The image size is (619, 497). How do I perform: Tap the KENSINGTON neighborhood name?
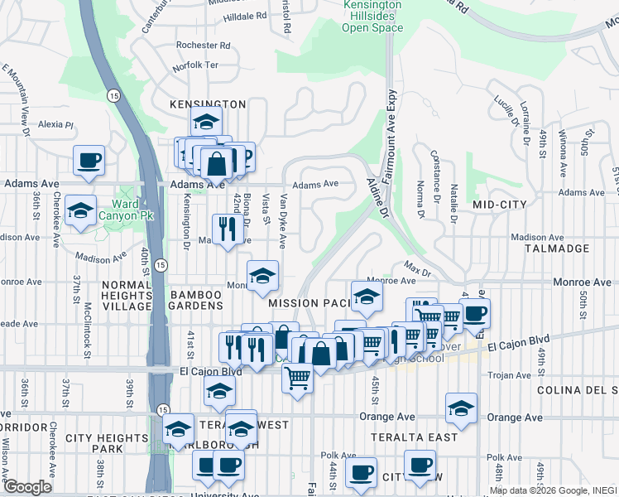click(208, 104)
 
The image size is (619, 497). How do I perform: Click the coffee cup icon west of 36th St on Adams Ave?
click(89, 160)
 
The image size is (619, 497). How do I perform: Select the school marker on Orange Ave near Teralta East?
click(461, 408)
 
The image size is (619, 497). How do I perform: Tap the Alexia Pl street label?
click(55, 125)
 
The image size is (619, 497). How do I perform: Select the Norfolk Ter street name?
click(195, 65)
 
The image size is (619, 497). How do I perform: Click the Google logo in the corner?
click(27, 487)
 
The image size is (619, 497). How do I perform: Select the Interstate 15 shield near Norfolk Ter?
click(113, 96)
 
